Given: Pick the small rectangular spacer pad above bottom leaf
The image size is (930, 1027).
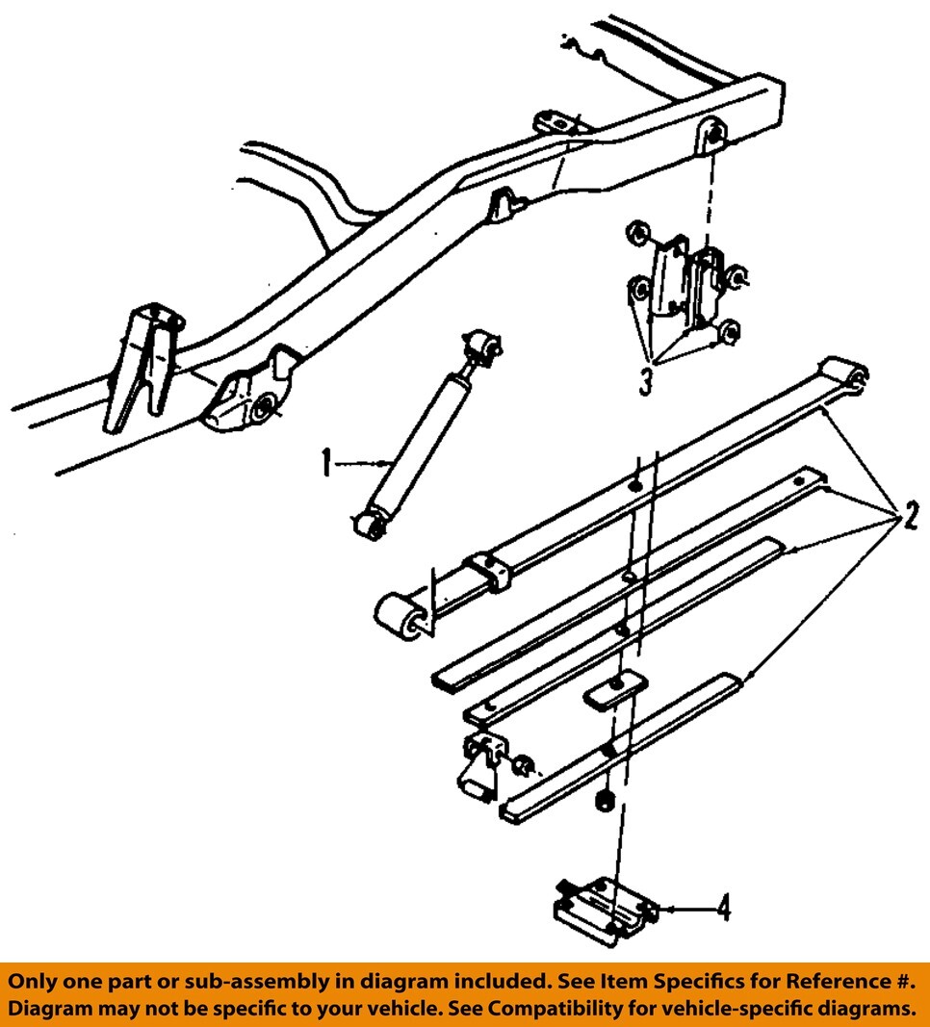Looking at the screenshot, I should click(609, 692).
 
